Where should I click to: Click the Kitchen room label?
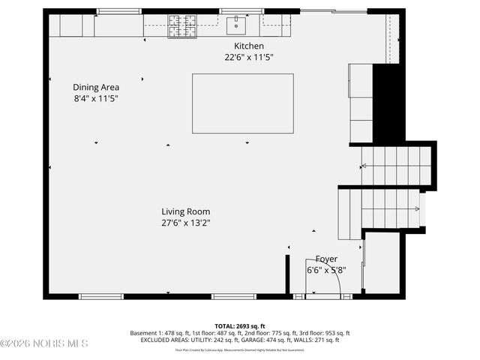[x=244, y=46]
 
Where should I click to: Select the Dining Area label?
[x=96, y=87]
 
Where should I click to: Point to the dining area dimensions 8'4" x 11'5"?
[x=96, y=98]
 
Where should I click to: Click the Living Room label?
[x=185, y=211]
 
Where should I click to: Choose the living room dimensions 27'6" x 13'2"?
[x=185, y=223]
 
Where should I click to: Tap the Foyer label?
[x=325, y=259]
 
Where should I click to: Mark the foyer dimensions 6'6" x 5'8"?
[x=325, y=270]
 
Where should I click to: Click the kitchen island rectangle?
[x=242, y=103]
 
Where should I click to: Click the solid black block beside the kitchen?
[x=388, y=101]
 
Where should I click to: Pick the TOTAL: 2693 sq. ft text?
[x=240, y=326]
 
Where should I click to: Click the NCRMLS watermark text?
[x=45, y=343]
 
